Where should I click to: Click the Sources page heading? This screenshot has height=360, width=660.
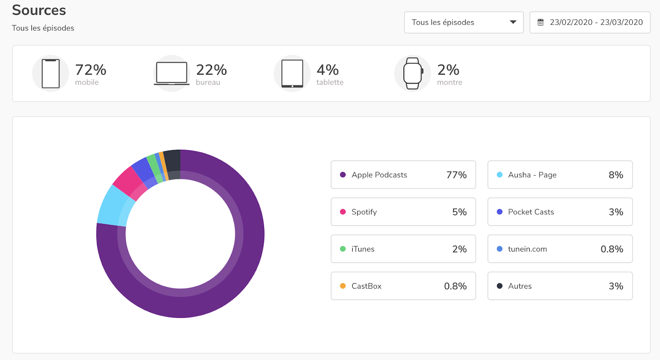[x=39, y=10]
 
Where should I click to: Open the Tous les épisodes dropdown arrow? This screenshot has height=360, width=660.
[x=513, y=22]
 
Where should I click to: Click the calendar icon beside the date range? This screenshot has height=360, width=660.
[x=540, y=22]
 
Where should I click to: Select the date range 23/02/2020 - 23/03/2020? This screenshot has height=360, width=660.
[x=596, y=22]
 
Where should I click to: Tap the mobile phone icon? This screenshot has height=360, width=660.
[x=51, y=74]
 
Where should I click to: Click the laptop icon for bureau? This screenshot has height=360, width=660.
[x=172, y=73]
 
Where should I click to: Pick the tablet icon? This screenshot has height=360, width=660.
[x=292, y=74]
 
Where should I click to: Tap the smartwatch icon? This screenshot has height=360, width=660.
[x=413, y=73]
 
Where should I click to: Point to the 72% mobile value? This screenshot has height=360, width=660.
[x=90, y=70]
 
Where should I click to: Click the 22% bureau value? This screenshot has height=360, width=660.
[x=211, y=70]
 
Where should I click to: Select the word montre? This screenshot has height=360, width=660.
[x=450, y=82]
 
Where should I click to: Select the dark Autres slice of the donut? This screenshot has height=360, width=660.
[x=172, y=163]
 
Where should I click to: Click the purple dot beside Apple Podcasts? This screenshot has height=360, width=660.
[x=343, y=175]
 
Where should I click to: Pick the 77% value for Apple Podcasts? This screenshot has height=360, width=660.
[x=456, y=175]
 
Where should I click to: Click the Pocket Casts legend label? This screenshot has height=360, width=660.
[x=531, y=212]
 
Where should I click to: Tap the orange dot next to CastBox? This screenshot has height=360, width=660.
[x=343, y=286]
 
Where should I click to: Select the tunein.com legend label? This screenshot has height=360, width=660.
[x=528, y=249]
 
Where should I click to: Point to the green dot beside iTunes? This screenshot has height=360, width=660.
[x=343, y=249]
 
